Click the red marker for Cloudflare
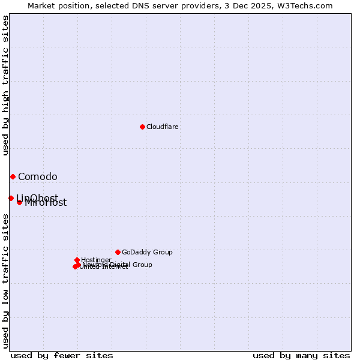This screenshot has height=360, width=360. pyautogui.click(x=142, y=127)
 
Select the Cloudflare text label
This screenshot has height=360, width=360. pyautogui.click(x=163, y=127)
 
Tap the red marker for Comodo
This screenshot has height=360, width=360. pyautogui.click(x=13, y=176)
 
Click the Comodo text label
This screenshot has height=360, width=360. pyautogui.click(x=38, y=176)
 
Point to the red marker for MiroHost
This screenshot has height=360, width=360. pyautogui.click(x=19, y=202)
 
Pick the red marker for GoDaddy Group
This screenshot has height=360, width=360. pyautogui.click(x=118, y=252)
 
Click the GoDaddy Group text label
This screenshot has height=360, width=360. pyautogui.click(x=147, y=252)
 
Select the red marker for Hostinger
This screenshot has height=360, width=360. pyautogui.click(x=77, y=260)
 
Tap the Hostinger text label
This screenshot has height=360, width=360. pyautogui.click(x=96, y=260)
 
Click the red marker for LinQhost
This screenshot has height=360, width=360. pyautogui.click(x=11, y=198)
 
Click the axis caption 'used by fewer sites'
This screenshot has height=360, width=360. pyautogui.click(x=62, y=355)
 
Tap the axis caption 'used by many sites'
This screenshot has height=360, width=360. pyautogui.click(x=301, y=355)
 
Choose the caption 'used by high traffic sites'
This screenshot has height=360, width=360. pyautogui.click(x=5, y=85)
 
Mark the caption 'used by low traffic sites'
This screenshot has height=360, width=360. pyautogui.click(x=5, y=281)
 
